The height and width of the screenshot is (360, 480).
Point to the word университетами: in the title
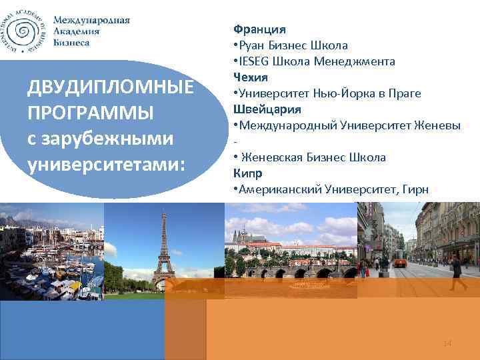(105, 163)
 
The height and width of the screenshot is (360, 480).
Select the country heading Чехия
(251, 77)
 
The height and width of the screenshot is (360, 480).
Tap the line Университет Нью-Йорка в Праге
(327, 93)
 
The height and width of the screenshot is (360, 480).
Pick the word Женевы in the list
(437, 125)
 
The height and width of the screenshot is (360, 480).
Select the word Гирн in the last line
(416, 189)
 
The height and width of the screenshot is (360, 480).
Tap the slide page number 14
(447, 343)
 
